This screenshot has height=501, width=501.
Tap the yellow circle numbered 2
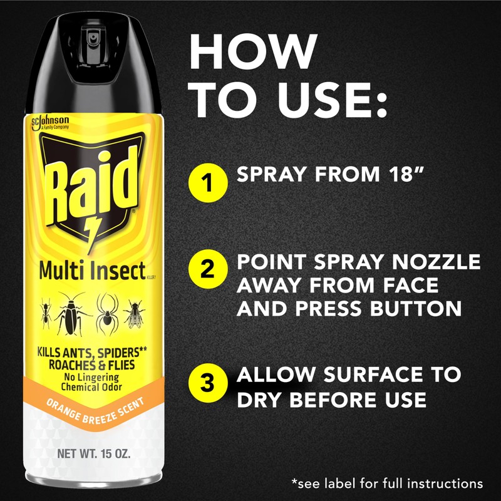tap(207, 273)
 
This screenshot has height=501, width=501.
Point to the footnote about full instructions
tap(387, 483)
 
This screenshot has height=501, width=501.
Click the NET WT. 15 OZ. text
tap(94, 454)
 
